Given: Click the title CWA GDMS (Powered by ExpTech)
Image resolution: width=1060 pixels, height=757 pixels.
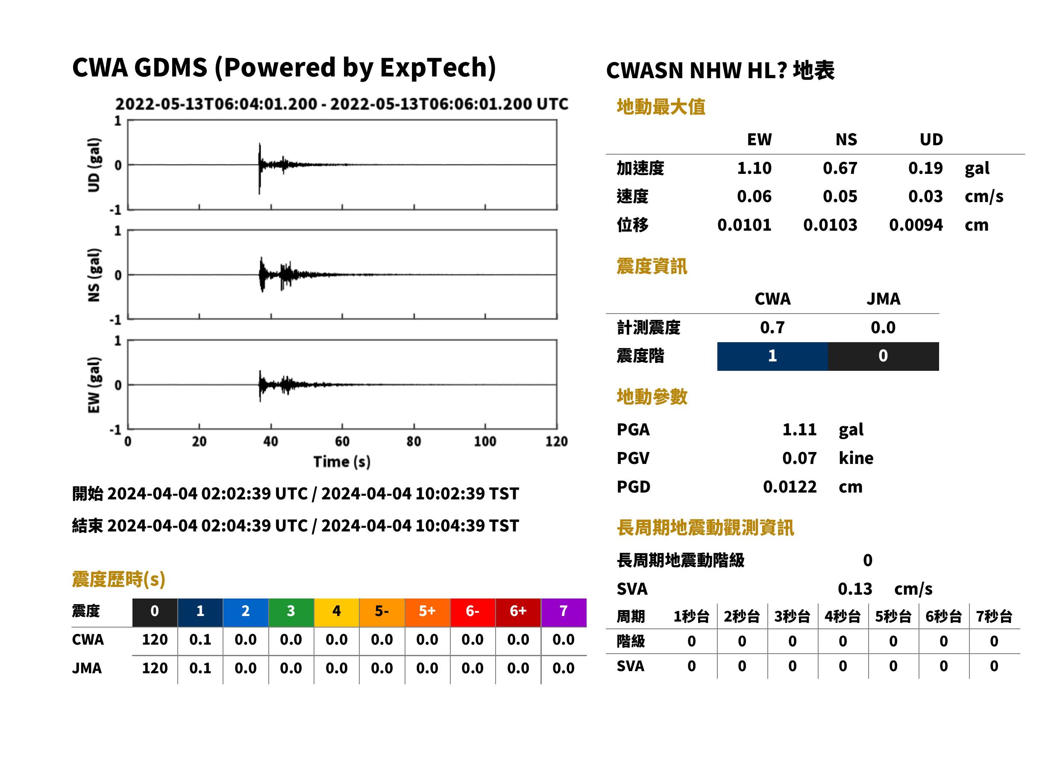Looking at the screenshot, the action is click(284, 67).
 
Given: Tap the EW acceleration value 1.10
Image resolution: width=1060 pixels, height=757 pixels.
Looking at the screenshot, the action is click(754, 168).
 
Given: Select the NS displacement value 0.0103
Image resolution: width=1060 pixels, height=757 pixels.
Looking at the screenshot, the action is click(830, 225).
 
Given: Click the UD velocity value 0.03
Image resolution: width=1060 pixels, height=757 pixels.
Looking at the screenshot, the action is click(925, 196).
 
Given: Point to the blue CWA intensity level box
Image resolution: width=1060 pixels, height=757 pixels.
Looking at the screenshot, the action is click(772, 356).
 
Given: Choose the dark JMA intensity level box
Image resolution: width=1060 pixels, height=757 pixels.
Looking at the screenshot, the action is click(884, 356).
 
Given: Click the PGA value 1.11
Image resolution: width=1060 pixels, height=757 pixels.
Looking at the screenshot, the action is click(799, 429).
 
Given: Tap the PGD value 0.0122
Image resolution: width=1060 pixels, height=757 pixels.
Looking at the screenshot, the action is click(790, 487).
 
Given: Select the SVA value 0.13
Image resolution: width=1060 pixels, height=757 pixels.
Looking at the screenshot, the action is click(855, 589).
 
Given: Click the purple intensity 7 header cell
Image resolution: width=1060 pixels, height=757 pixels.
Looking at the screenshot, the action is click(564, 612).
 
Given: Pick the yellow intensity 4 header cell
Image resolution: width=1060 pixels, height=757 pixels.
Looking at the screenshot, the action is click(337, 612).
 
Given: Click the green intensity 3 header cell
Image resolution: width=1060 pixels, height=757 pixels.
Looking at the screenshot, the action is click(291, 612).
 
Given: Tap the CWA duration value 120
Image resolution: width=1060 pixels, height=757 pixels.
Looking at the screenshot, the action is click(155, 640).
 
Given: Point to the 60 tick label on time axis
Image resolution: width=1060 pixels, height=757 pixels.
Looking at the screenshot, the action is click(342, 441).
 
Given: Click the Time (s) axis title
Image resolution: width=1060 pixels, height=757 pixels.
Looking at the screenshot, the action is click(342, 461).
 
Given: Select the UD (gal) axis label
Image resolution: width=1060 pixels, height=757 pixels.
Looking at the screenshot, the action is click(94, 165).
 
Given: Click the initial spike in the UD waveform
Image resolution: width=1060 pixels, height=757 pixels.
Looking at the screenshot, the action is click(260, 168).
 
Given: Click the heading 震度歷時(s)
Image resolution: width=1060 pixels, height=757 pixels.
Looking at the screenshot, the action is click(119, 579).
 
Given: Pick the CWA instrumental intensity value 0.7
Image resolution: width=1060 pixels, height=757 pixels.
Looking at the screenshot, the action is click(772, 327).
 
